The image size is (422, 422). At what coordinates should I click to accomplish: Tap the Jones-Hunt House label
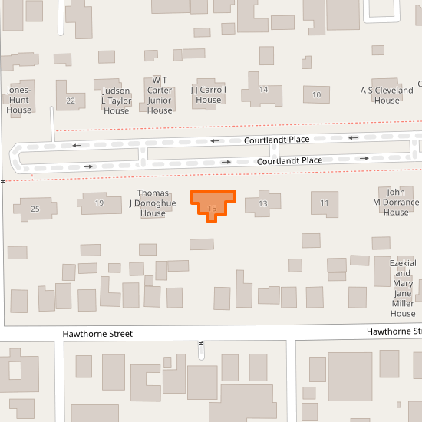pos(19,100)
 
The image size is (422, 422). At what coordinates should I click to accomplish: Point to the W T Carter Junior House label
pos(160,95)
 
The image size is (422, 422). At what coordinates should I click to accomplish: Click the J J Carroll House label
pos(208,94)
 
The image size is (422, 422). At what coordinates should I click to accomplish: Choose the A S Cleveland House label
pos(387,95)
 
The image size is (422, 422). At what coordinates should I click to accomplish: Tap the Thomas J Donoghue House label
pos(153,203)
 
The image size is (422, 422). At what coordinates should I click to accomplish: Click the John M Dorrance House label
pos(396,202)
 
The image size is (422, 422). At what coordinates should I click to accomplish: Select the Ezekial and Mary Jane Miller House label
pos(403,288)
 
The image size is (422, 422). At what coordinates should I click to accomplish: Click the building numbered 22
pos(71,101)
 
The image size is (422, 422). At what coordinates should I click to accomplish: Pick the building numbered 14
pos(263,90)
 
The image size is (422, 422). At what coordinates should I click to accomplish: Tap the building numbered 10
pos(316,95)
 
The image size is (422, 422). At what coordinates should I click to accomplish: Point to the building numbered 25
pos(35,209)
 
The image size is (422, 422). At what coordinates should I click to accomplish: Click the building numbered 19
pos(99,203)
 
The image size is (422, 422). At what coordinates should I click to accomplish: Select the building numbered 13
pos(263,203)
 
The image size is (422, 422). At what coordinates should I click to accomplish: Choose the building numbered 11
pos(325,203)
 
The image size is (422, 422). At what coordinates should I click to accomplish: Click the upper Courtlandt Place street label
pos(277,140)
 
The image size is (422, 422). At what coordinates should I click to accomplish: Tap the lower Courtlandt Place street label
pos(289,160)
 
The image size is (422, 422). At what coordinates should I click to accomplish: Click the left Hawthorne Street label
pos(97,334)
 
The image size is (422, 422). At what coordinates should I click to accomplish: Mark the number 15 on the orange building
pos(213,208)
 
